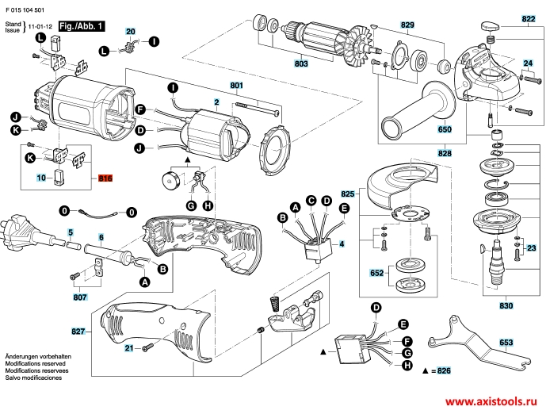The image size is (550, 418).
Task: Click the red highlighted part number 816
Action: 105,180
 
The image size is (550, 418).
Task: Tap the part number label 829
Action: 407,25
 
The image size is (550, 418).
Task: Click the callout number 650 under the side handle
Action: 444,129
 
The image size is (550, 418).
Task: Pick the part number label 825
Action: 348,194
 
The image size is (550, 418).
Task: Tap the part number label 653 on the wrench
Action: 506,343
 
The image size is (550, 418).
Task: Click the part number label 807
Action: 79,298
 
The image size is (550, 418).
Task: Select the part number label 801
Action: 236,85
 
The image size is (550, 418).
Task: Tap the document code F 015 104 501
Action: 26,6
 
